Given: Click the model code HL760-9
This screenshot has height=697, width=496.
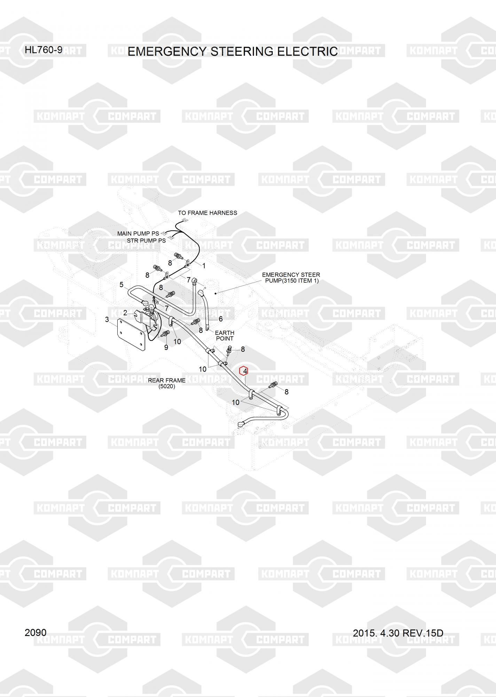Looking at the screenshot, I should (44, 50).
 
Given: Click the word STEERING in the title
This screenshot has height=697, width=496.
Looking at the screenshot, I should (242, 52).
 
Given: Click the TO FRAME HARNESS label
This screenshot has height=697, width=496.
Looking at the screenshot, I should (207, 213).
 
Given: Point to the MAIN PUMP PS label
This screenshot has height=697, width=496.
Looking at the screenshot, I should (138, 233).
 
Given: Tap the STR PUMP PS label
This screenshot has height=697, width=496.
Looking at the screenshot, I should (146, 241).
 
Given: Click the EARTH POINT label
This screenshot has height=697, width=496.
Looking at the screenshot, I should (225, 336).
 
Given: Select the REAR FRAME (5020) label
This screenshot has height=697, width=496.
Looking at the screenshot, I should (167, 383).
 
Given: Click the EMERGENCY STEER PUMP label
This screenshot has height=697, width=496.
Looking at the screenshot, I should (291, 278).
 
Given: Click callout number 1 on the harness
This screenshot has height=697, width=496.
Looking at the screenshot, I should (204, 266).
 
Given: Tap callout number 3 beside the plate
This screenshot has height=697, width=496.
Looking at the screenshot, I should (107, 320).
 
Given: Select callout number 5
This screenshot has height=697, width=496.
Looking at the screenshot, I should (121, 285).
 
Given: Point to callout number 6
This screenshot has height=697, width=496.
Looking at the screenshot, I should (220, 319).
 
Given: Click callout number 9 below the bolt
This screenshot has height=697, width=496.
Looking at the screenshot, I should (166, 347).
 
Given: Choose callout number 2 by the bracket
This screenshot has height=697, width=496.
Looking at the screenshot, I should (125, 313).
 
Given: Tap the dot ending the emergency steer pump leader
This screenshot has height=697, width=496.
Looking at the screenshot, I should (216, 293).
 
